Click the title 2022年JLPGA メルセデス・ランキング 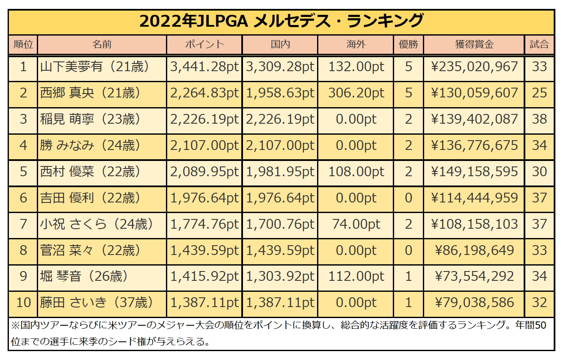[281, 21]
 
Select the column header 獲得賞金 [474, 44]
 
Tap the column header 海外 [356, 44]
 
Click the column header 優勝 [408, 44]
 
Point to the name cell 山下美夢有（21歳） [95, 66]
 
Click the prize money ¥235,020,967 [474, 66]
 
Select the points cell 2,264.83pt [204, 93]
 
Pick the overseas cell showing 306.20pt [356, 93]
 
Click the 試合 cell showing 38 [540, 119]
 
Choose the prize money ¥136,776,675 [474, 145]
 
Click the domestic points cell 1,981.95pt [280, 172]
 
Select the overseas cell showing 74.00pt [356, 224]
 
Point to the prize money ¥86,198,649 [474, 250]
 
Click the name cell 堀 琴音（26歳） [85, 277]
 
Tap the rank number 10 [24, 303]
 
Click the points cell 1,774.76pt [204, 224]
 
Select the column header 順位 [24, 44]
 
